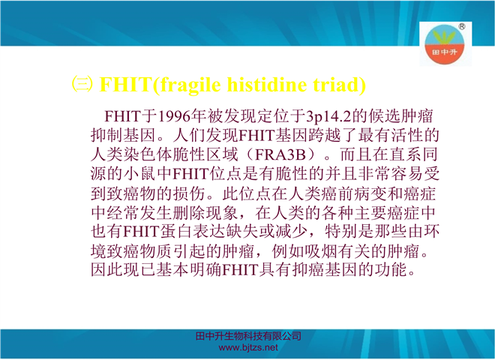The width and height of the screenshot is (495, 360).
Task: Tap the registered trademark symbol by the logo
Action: click(461, 26)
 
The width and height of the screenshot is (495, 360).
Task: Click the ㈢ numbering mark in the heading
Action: click(82, 84)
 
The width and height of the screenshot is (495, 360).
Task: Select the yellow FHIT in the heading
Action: click(126, 85)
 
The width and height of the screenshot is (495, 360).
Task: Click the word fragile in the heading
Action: click(190, 85)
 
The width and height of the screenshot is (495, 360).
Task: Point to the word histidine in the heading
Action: click(267, 85)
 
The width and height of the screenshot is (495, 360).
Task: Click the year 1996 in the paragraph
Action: click(174, 116)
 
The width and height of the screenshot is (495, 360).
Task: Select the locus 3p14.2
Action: click(328, 117)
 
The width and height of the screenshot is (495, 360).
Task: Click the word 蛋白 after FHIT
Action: click(175, 232)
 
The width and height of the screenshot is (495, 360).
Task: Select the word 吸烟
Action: click(321, 251)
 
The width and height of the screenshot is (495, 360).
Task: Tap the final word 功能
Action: click(390, 270)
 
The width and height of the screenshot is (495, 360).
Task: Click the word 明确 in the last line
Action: click(205, 270)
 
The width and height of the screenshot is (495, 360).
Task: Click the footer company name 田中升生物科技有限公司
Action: click(248, 336)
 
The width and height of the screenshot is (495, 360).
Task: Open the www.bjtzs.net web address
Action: click(248, 348)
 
